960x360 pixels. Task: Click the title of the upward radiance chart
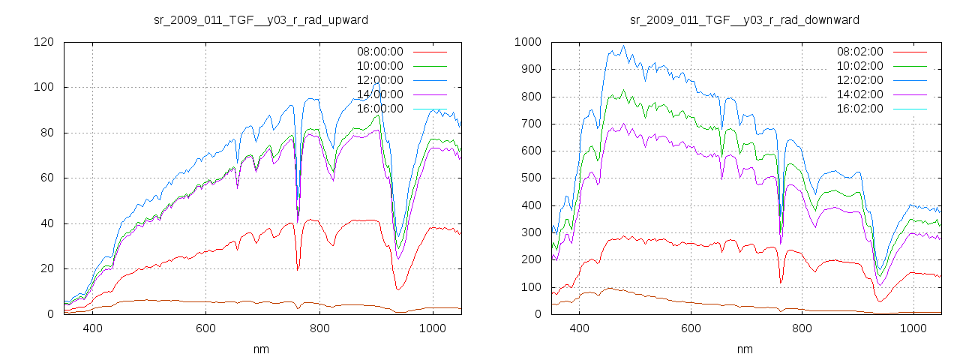click(x=260, y=19)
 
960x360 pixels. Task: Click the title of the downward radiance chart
click(x=744, y=19)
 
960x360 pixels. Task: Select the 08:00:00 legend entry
click(x=379, y=52)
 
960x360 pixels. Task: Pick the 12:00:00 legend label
click(x=379, y=80)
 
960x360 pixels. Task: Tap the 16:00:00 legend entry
click(x=379, y=109)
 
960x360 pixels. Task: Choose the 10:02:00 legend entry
click(x=860, y=66)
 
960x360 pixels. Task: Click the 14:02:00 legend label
click(x=860, y=94)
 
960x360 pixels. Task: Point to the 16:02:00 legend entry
click(x=860, y=109)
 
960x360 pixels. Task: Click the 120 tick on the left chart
click(x=43, y=42)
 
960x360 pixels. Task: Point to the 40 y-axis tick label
click(x=46, y=223)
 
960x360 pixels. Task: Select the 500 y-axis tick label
click(x=530, y=178)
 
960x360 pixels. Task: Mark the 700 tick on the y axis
click(x=530, y=124)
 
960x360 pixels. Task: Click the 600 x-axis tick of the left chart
click(x=206, y=328)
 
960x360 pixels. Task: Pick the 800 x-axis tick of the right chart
click(x=802, y=328)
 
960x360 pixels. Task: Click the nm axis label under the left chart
click(x=262, y=349)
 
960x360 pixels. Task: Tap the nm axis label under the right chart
click(x=744, y=349)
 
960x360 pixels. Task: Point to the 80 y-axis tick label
click(x=46, y=133)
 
